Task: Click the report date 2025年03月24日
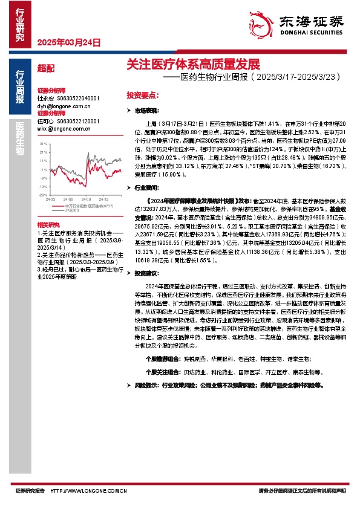click(67, 43)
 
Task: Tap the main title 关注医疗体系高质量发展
click(192, 63)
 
